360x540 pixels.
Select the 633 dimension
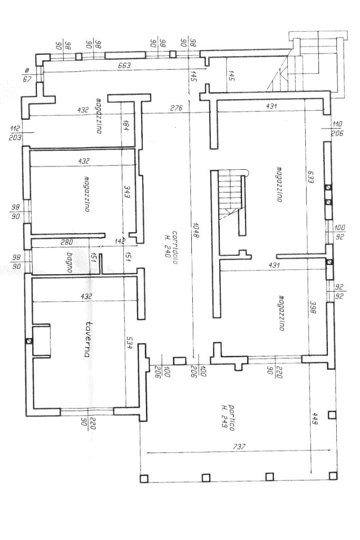311,175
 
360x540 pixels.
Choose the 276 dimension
176,108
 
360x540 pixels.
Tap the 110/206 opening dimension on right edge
337,129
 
